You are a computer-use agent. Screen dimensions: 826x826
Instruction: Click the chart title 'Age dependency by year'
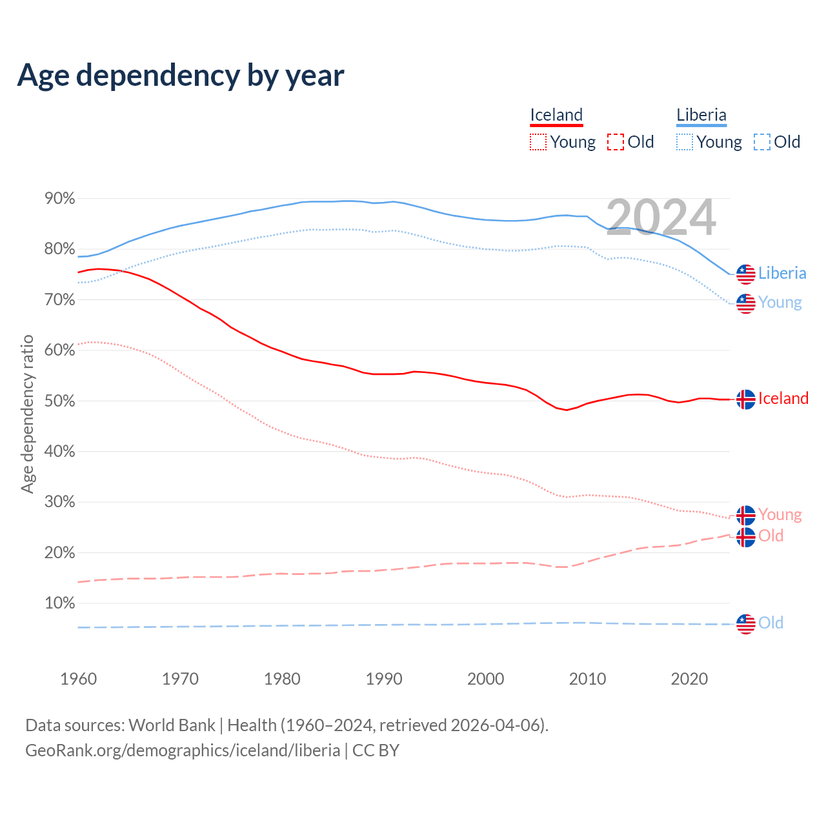point(181,76)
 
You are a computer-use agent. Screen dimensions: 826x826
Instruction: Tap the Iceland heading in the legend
point(556,115)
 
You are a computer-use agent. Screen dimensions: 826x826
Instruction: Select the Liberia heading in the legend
point(701,115)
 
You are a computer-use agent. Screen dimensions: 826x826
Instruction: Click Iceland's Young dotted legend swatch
point(538,142)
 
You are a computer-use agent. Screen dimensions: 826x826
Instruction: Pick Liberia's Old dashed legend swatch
point(762,142)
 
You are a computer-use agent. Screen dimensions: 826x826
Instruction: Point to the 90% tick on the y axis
point(60,198)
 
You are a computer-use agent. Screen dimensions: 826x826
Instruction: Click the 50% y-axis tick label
point(60,401)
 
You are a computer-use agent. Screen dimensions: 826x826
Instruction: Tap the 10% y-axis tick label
point(60,603)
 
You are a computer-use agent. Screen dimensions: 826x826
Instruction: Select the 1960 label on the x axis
point(78,679)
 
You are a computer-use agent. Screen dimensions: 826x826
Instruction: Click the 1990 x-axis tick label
point(384,679)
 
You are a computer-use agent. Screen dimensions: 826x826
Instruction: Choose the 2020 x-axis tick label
point(689,679)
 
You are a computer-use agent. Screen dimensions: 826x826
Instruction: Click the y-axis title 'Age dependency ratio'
point(27,414)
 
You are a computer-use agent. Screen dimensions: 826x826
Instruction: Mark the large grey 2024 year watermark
point(661,217)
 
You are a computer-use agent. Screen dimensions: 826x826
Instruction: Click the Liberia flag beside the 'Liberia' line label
point(746,274)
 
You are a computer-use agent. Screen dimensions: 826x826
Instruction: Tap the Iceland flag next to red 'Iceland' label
point(746,399)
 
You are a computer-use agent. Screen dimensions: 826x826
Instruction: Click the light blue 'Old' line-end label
point(771,623)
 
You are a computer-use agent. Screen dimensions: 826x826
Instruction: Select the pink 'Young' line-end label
point(780,514)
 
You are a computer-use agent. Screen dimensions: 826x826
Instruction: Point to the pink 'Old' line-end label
point(771,536)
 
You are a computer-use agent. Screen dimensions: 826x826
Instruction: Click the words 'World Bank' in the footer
point(172,725)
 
